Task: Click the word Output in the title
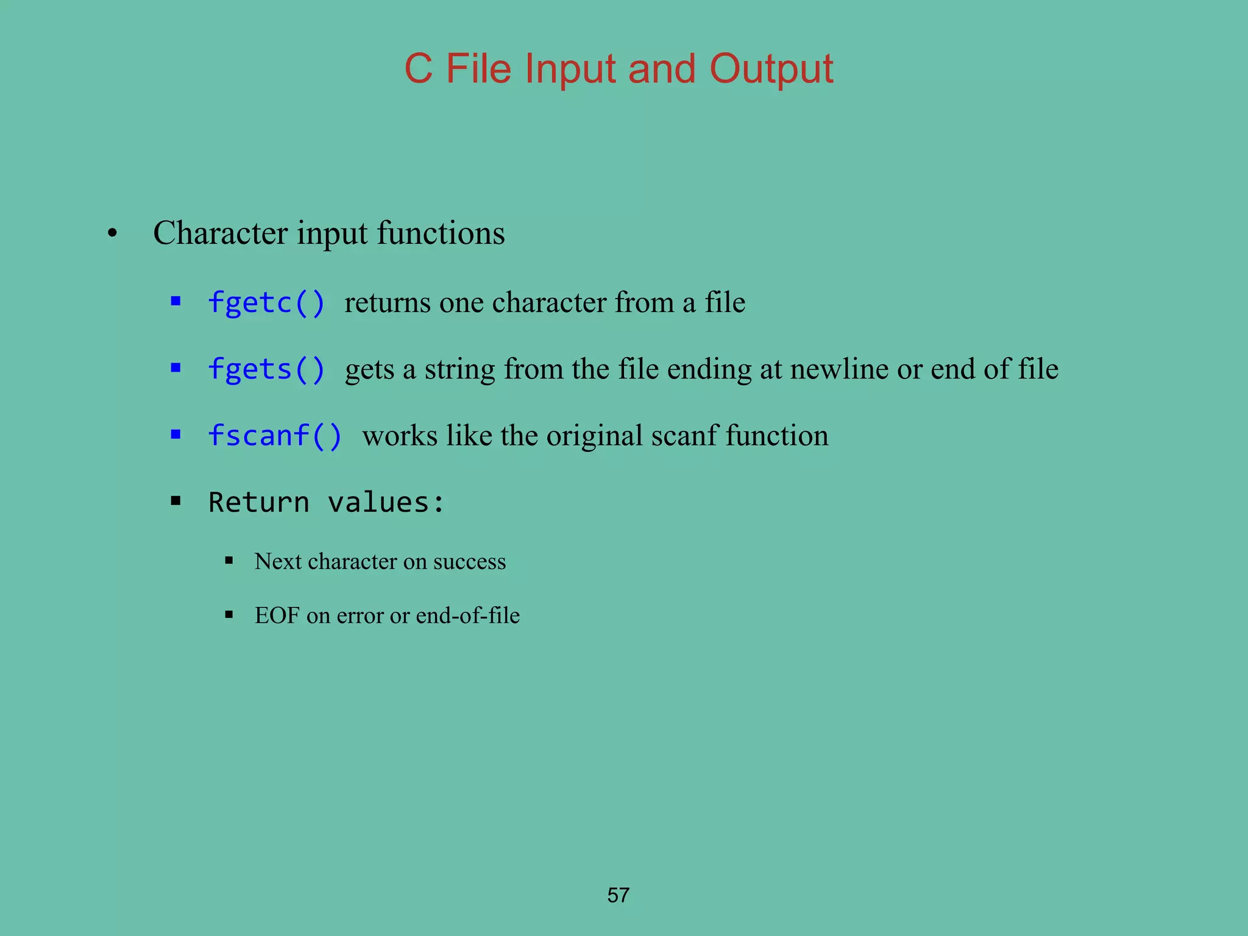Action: (771, 68)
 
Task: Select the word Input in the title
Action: (570, 68)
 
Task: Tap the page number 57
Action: (618, 895)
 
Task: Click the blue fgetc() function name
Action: (266, 303)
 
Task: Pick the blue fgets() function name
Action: (266, 369)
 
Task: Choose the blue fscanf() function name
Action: (275, 436)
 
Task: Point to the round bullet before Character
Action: (112, 234)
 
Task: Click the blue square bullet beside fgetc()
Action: (176, 301)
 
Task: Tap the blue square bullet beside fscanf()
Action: (176, 434)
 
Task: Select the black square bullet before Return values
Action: (176, 502)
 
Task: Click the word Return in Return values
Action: (258, 503)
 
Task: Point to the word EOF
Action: (277, 615)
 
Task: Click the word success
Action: (469, 561)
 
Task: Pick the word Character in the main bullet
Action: (221, 233)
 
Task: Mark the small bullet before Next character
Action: (229, 561)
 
